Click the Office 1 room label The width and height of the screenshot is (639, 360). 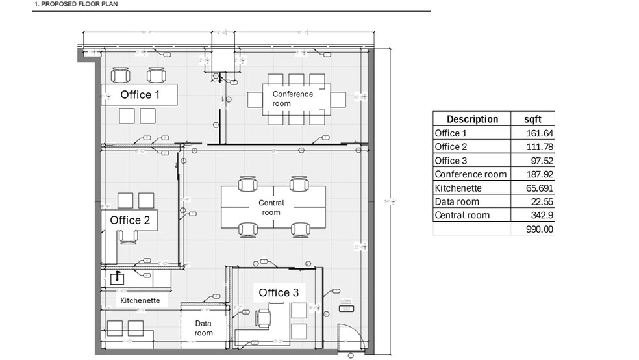pyautogui.click(x=140, y=95)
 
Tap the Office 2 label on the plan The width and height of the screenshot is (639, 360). pyautogui.click(x=130, y=220)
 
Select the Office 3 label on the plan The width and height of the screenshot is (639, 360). pyautogui.click(x=279, y=293)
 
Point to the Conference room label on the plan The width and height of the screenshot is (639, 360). pyautogui.click(x=292, y=99)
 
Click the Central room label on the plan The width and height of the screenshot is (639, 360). pyautogui.click(x=271, y=208)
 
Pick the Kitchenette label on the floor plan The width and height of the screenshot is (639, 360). pyautogui.click(x=140, y=301)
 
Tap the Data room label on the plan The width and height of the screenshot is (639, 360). pyautogui.click(x=204, y=328)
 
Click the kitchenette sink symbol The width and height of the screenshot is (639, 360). pyautogui.click(x=117, y=278)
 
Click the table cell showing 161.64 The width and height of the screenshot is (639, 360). pyautogui.click(x=540, y=133)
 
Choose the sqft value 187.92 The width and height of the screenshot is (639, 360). pyautogui.click(x=540, y=174)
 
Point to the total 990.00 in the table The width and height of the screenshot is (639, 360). pyautogui.click(x=540, y=229)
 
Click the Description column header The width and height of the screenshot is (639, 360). pyautogui.click(x=472, y=119)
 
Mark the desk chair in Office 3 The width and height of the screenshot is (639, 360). pyautogui.click(x=264, y=318)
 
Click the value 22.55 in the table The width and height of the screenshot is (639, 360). pyautogui.click(x=542, y=201)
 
